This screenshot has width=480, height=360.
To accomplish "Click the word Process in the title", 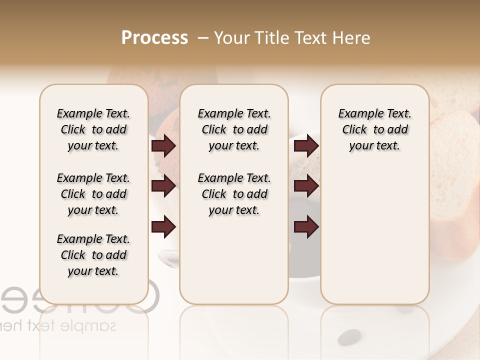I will (x=154, y=38).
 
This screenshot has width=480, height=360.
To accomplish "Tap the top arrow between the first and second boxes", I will (x=163, y=146).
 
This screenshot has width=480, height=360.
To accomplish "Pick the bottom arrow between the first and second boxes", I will (x=163, y=227).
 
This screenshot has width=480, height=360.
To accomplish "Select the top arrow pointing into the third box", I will (x=306, y=146).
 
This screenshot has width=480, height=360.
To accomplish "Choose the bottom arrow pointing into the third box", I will (x=306, y=227).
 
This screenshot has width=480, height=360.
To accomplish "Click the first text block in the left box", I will (x=93, y=129).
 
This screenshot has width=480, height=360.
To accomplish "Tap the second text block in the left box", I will (x=93, y=194).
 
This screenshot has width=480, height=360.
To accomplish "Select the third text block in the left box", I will (x=93, y=255).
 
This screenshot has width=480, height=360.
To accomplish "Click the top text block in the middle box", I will (x=234, y=129).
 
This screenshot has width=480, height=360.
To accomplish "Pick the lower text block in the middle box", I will (x=234, y=194).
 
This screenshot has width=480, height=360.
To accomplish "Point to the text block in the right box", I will (x=374, y=129).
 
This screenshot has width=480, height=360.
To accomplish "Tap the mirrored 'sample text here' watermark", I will (x=60, y=326).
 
